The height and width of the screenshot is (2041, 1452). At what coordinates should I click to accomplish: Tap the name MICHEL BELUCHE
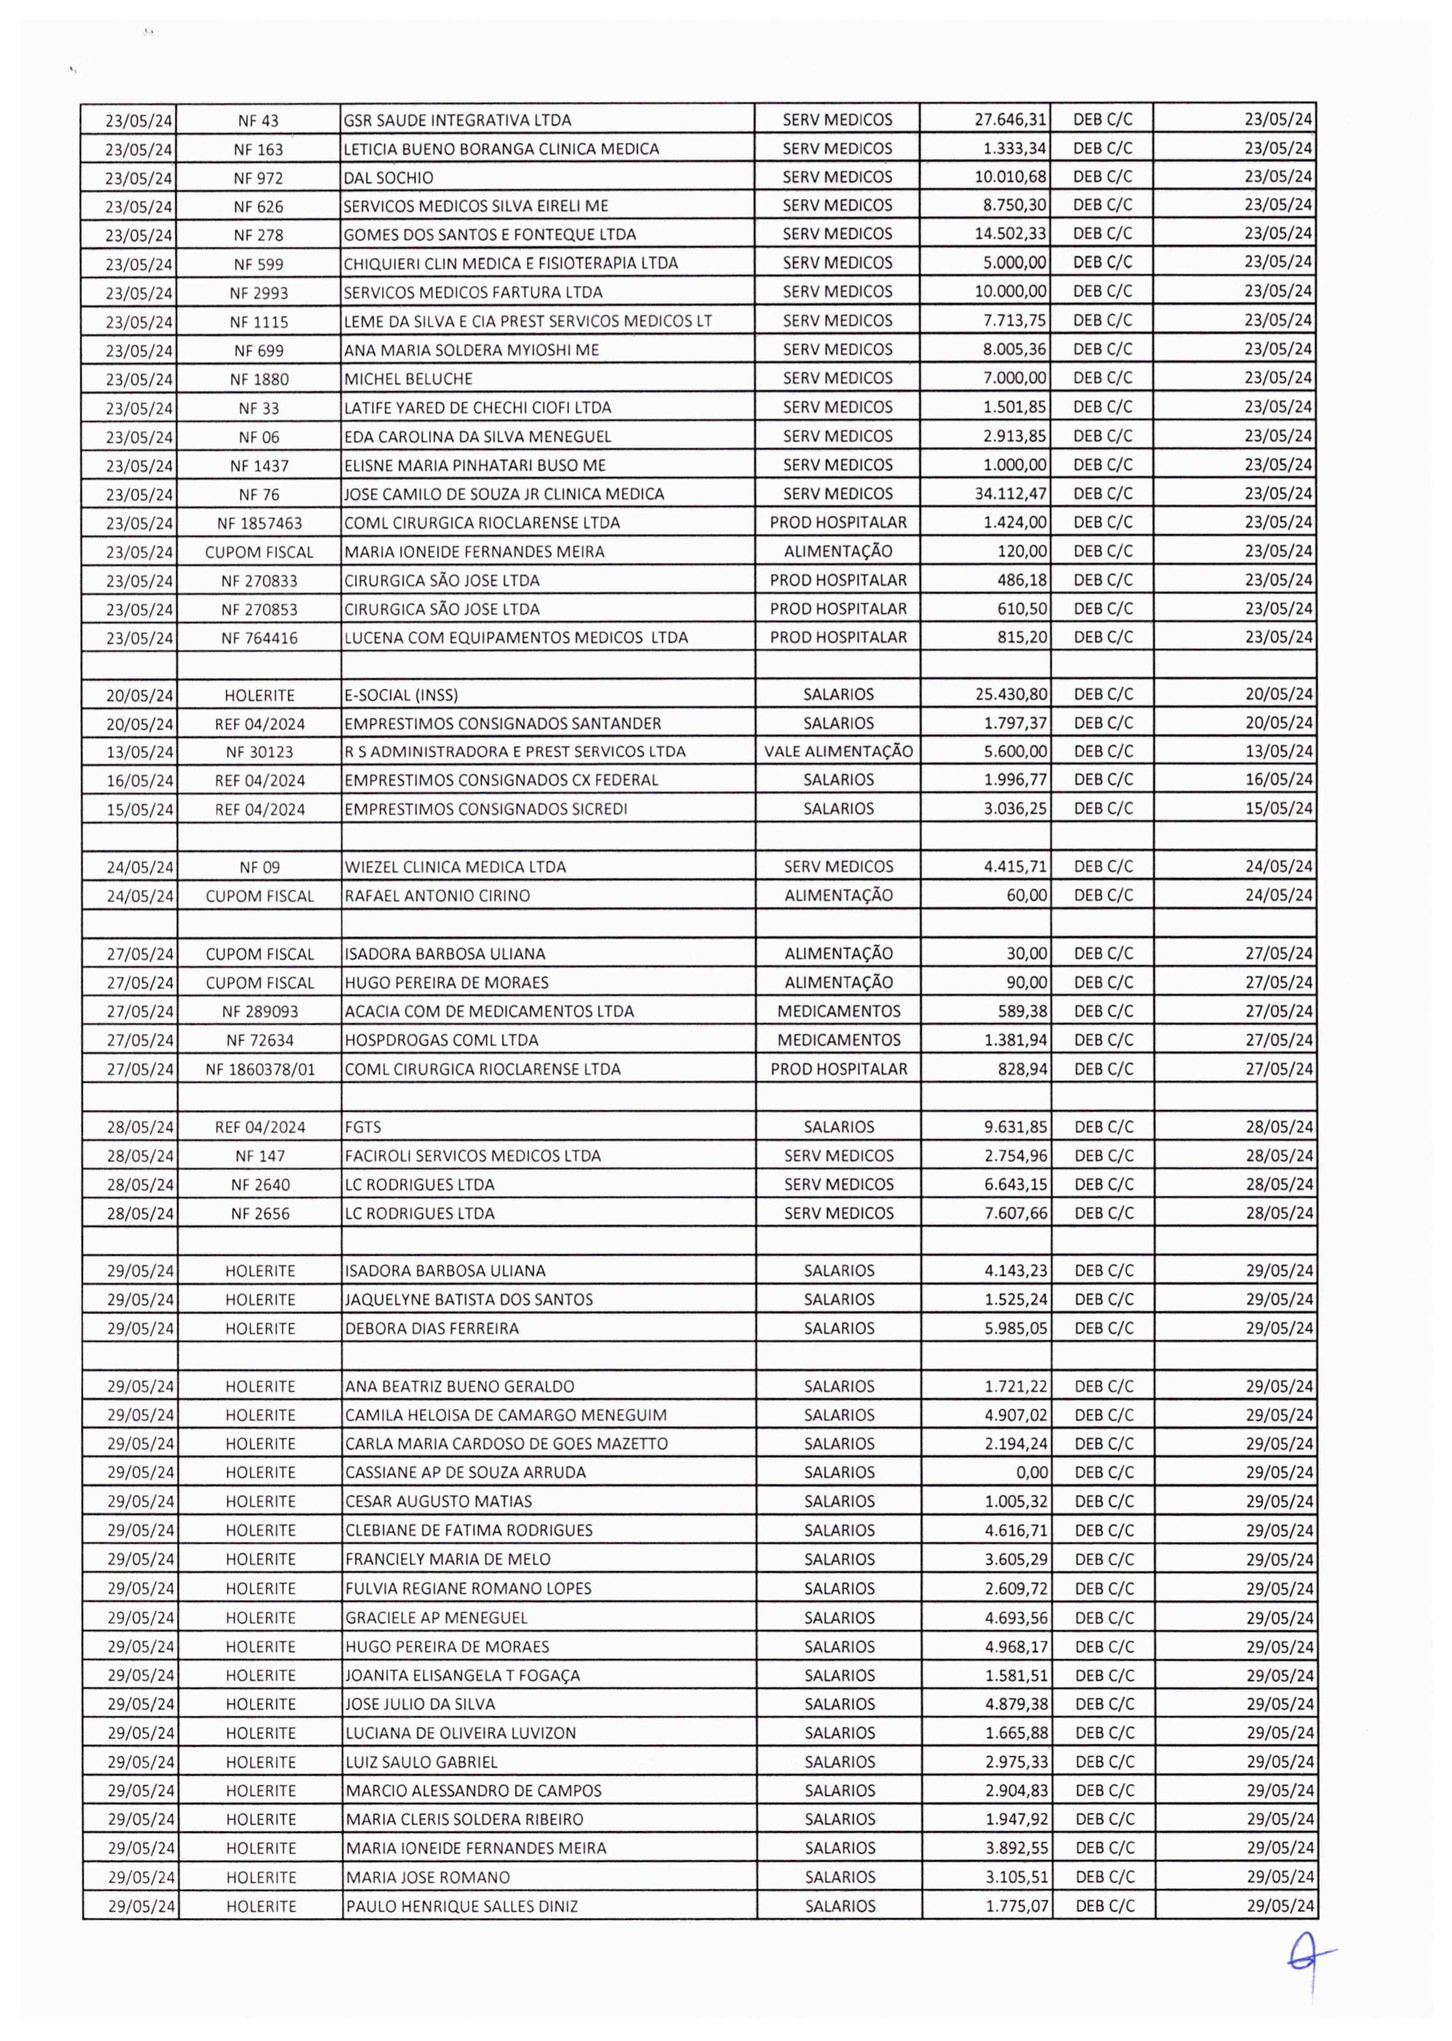point(409,379)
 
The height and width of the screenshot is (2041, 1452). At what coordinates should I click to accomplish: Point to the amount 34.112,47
point(1011,494)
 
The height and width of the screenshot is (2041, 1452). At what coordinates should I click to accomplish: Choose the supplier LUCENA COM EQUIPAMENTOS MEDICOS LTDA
point(516,639)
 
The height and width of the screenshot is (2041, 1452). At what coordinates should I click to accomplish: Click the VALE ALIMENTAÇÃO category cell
point(838,751)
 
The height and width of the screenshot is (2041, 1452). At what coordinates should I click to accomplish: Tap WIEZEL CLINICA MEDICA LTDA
point(455,866)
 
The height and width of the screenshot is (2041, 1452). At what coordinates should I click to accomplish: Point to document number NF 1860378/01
point(260,1069)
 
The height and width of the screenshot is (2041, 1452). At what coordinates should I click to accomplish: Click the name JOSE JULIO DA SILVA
point(420,1704)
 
